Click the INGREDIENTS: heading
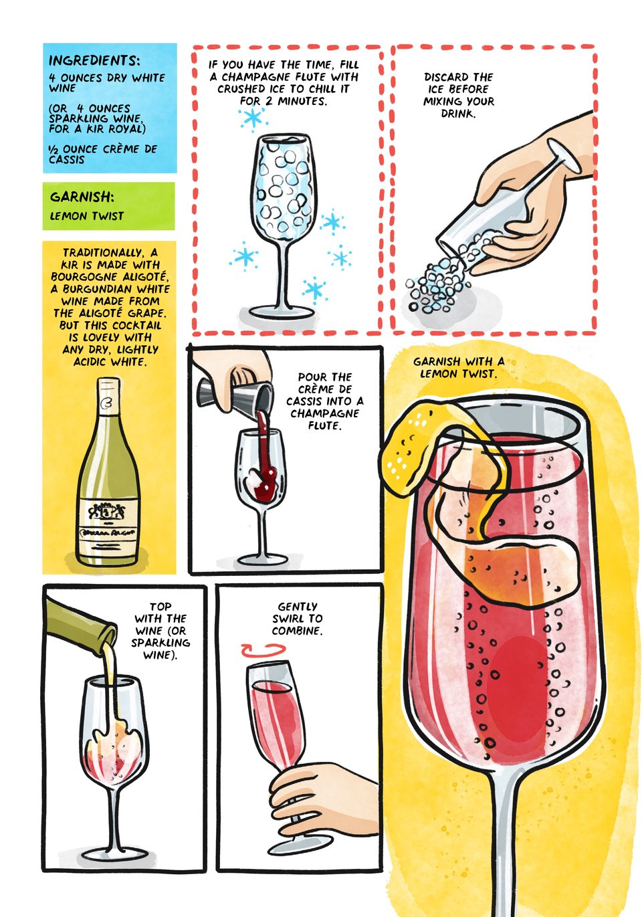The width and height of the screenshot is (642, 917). pyautogui.click(x=94, y=61)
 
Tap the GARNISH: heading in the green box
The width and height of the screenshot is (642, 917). pyautogui.click(x=82, y=197)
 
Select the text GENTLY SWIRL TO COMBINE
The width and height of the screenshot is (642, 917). pyautogui.click(x=297, y=619)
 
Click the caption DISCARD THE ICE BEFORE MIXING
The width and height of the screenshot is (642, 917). pyautogui.click(x=459, y=95)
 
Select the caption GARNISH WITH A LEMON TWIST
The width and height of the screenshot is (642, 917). pyautogui.click(x=459, y=367)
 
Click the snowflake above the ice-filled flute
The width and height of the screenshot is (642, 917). pyautogui.click(x=253, y=118)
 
